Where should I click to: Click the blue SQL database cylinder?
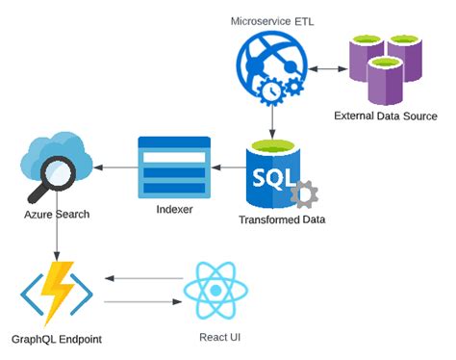click(x=273, y=174)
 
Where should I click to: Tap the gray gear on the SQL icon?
click(x=304, y=193)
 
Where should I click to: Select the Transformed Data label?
click(x=282, y=219)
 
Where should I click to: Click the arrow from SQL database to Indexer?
click(x=223, y=169)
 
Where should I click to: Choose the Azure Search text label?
click(x=57, y=214)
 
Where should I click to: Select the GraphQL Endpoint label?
click(x=58, y=339)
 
